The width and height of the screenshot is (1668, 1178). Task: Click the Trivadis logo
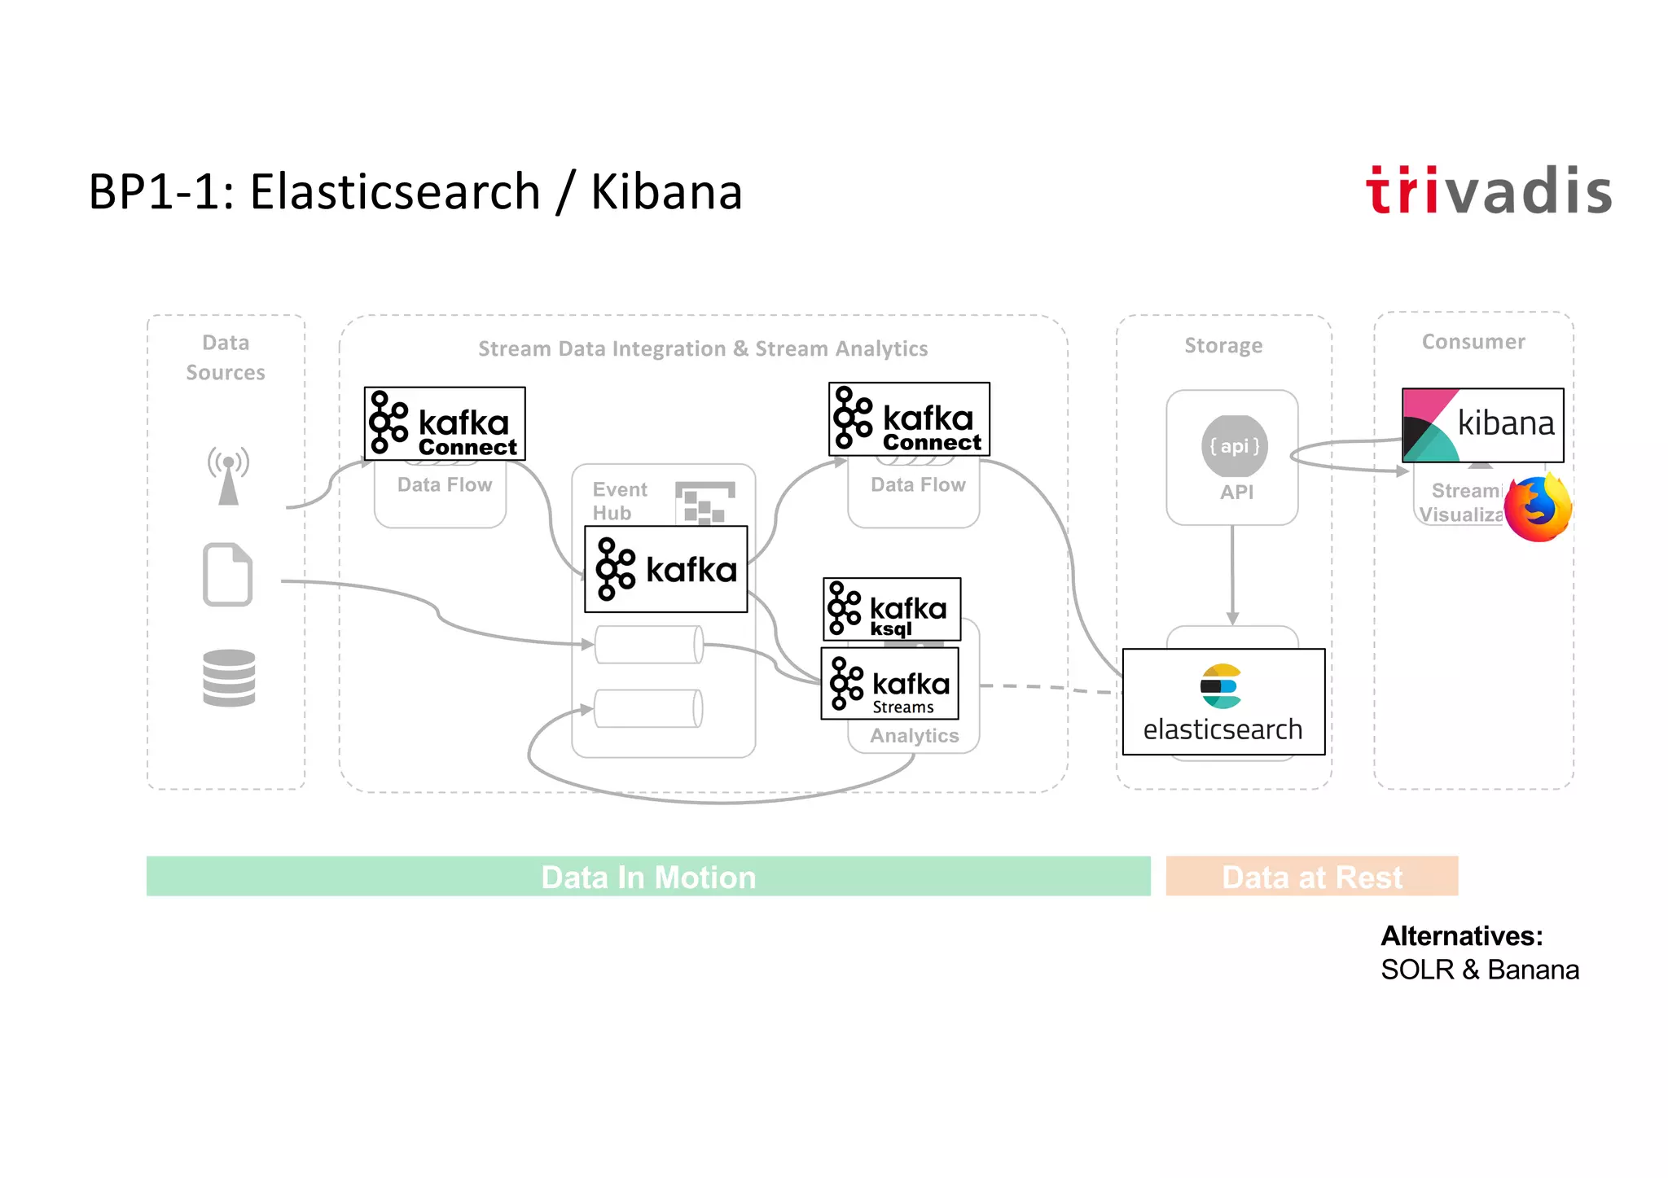tap(1488, 191)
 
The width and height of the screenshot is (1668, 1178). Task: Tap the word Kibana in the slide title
tap(666, 193)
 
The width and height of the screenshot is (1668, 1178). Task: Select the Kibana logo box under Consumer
tap(1482, 425)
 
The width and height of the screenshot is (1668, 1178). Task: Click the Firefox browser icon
tap(1537, 509)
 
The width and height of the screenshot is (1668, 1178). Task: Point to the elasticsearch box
tap(1223, 702)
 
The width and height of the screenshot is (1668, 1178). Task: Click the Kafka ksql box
tap(892, 609)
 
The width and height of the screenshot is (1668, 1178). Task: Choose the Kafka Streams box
tap(889, 684)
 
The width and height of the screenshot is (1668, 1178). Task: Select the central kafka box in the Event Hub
tap(665, 569)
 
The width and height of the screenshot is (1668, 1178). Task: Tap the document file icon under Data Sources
tap(227, 575)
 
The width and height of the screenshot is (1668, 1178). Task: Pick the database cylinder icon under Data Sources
tap(229, 677)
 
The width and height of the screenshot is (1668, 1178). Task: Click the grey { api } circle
tap(1235, 446)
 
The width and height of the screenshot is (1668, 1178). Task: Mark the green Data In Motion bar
tap(648, 877)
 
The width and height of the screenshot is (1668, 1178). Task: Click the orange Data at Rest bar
tap(1311, 877)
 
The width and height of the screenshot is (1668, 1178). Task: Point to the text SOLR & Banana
tap(1479, 970)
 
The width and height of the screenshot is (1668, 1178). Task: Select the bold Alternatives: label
tap(1461, 936)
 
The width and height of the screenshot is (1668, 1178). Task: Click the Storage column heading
tap(1223, 346)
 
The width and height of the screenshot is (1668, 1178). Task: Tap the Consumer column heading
tap(1473, 342)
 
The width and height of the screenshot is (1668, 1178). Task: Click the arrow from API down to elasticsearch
tap(1232, 575)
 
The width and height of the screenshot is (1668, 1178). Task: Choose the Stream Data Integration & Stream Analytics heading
tap(703, 349)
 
